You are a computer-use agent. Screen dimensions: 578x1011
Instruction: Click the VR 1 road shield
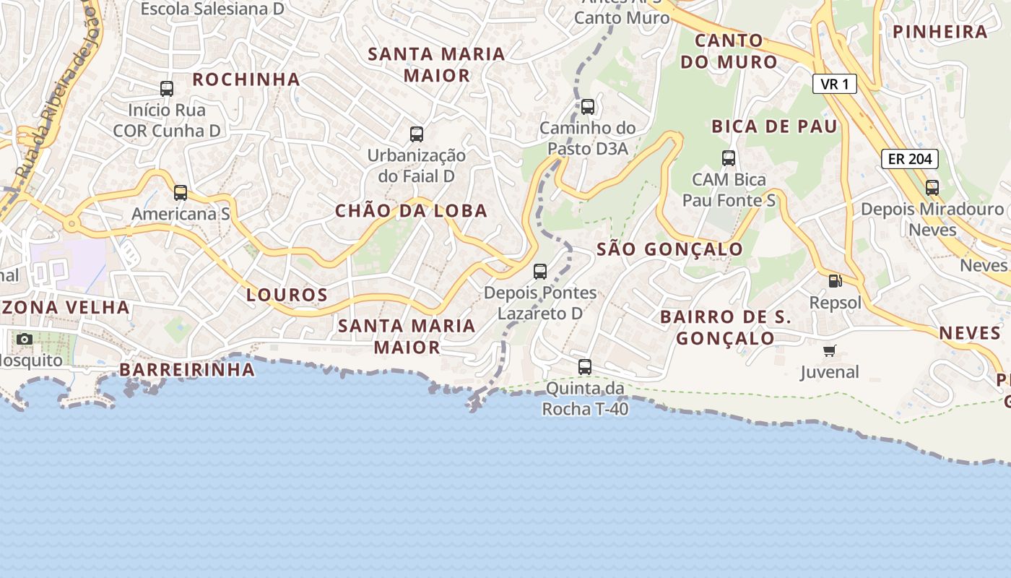pyautogui.click(x=835, y=85)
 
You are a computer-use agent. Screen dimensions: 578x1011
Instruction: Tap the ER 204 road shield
pyautogui.click(x=910, y=159)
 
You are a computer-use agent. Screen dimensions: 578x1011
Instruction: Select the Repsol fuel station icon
pyautogui.click(x=835, y=281)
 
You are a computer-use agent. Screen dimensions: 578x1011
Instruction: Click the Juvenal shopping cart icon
pyautogui.click(x=830, y=351)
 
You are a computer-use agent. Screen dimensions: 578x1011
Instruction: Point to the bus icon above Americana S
pyautogui.click(x=181, y=193)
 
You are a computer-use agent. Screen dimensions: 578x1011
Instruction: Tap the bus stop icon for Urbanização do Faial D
pyautogui.click(x=417, y=134)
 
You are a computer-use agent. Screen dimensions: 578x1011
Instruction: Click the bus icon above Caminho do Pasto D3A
pyautogui.click(x=588, y=107)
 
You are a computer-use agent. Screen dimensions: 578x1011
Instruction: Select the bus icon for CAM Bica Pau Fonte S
pyautogui.click(x=729, y=158)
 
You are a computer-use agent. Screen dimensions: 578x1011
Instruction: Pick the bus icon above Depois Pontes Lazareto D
pyautogui.click(x=540, y=272)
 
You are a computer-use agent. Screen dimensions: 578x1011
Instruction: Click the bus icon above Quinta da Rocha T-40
pyautogui.click(x=585, y=367)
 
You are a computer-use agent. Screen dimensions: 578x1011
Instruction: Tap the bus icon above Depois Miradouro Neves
pyautogui.click(x=932, y=188)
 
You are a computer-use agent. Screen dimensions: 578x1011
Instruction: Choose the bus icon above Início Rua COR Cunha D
pyautogui.click(x=167, y=89)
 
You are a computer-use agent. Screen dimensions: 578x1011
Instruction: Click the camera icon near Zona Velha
pyautogui.click(x=25, y=339)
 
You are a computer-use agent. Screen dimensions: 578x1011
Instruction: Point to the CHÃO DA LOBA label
pyautogui.click(x=412, y=211)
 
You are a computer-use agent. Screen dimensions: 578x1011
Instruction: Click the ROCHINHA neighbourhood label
pyautogui.click(x=246, y=79)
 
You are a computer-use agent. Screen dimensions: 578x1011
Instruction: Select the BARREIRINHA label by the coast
pyautogui.click(x=187, y=370)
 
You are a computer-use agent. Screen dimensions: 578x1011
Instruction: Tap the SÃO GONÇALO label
pyautogui.click(x=670, y=249)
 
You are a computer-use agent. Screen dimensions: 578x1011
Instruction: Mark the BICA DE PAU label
pyautogui.click(x=774, y=126)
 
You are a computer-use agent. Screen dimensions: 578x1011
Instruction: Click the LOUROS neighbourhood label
pyautogui.click(x=287, y=295)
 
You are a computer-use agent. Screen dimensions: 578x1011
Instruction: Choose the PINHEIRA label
pyautogui.click(x=940, y=32)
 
